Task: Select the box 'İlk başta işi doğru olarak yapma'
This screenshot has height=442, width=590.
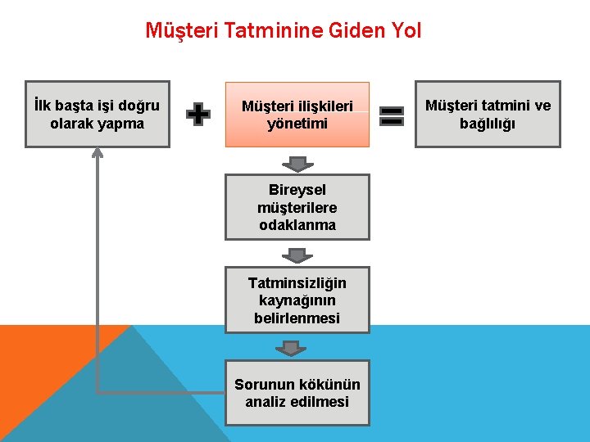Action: (x=98, y=114)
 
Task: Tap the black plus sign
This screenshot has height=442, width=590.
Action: (x=197, y=115)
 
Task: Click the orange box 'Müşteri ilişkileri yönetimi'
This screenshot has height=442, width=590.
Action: (x=297, y=115)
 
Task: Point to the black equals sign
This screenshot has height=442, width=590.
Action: (x=393, y=115)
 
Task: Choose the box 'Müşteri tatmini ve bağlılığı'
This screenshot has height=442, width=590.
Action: (x=488, y=114)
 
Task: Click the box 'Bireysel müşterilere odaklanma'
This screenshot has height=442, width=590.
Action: (x=297, y=207)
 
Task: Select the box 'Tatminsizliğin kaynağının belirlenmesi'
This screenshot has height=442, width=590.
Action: (x=297, y=300)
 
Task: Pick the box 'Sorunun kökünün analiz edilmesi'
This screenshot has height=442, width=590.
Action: (x=297, y=393)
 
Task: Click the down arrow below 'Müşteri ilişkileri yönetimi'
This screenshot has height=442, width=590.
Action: (x=297, y=163)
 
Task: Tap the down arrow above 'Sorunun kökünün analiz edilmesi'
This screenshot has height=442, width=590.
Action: (x=290, y=349)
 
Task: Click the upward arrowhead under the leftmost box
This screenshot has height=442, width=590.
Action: (x=98, y=152)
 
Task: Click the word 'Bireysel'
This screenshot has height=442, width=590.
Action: (x=297, y=190)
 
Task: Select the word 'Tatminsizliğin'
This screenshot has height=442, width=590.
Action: (x=297, y=283)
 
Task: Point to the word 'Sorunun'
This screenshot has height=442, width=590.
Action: (x=258, y=384)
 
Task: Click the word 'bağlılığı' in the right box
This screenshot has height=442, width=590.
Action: (x=488, y=124)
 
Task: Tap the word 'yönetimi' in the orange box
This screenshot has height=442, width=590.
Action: (x=297, y=124)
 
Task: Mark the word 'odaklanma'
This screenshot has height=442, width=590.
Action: (x=297, y=225)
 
